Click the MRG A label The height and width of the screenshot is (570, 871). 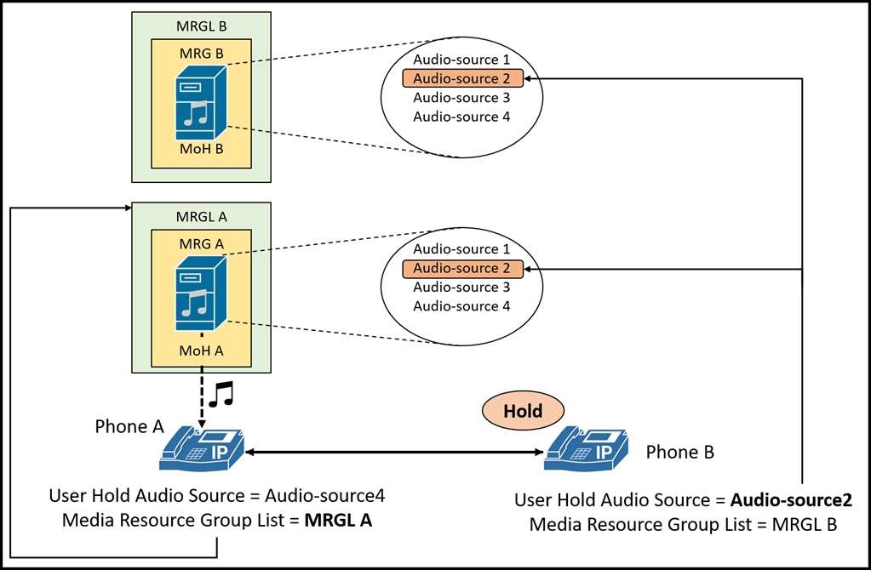201,243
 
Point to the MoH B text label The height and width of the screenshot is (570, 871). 201,149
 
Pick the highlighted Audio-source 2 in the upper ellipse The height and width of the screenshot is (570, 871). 461,79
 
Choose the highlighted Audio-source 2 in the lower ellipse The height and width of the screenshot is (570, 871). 461,269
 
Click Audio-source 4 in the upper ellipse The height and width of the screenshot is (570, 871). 461,117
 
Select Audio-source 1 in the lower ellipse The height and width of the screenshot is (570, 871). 461,249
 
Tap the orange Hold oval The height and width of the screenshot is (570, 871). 523,411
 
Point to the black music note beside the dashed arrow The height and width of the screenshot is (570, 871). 221,395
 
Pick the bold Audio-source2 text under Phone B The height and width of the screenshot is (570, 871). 791,500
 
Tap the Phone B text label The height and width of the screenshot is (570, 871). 679,452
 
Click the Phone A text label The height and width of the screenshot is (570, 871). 129,427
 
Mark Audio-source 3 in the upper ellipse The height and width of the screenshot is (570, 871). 461,98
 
